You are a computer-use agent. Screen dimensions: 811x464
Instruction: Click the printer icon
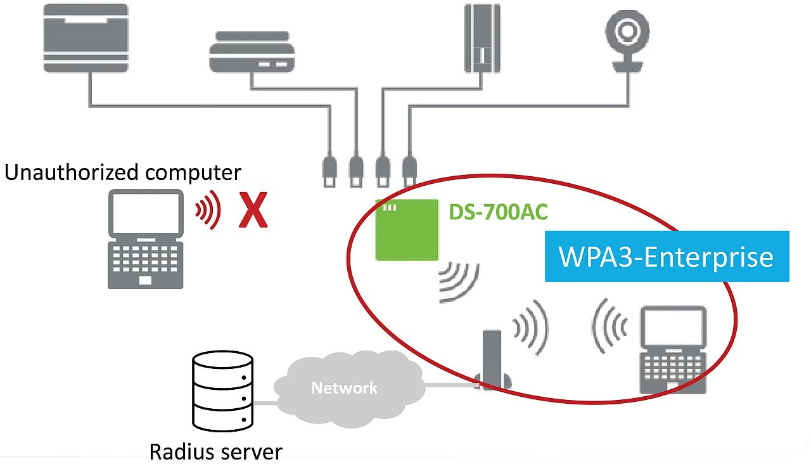[86, 38]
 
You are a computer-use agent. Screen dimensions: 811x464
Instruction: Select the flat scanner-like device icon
[252, 52]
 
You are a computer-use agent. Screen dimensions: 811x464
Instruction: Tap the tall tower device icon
[482, 38]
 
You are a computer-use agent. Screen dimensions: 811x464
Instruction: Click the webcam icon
[627, 41]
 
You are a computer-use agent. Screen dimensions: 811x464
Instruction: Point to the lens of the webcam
[627, 31]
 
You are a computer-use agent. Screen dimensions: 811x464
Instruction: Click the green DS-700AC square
[407, 229]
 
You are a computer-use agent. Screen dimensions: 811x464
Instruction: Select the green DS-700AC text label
[498, 212]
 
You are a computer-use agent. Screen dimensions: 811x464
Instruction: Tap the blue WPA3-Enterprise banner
[667, 256]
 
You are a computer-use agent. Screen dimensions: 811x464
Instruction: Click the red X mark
[253, 210]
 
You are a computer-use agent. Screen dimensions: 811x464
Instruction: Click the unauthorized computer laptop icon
[146, 239]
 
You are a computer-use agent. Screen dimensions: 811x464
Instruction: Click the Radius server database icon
[222, 391]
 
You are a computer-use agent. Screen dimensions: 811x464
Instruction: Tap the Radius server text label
[216, 452]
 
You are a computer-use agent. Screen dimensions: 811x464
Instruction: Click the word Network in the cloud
[344, 388]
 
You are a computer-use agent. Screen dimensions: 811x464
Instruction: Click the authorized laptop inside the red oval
[673, 349]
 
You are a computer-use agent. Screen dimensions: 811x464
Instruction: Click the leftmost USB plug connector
[329, 172]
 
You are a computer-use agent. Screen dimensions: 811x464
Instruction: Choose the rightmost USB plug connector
[409, 172]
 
